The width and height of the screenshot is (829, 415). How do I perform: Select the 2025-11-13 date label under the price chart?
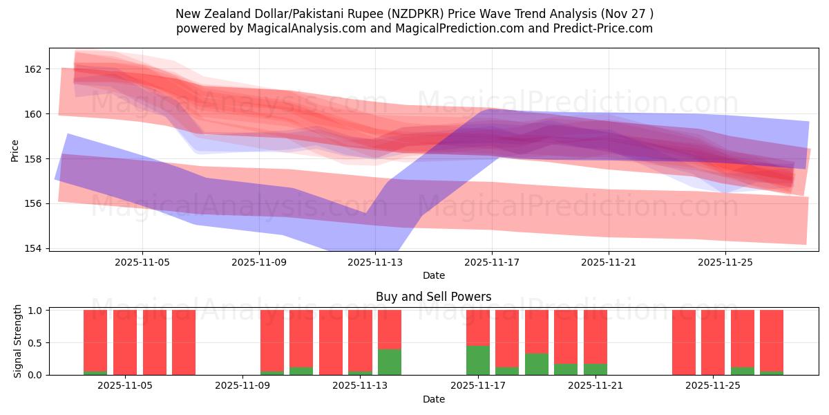point(375,262)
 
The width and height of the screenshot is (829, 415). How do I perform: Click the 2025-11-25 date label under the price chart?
point(725,262)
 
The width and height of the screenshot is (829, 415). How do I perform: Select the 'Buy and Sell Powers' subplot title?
point(433,297)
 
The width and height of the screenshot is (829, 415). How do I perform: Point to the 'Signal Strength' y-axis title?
point(18,342)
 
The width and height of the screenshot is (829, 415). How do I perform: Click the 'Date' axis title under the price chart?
point(433,275)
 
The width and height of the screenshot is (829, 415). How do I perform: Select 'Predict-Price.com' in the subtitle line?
point(604,28)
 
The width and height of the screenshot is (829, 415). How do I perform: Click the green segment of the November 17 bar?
point(477,360)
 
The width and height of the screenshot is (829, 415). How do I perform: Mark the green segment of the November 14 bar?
point(390,362)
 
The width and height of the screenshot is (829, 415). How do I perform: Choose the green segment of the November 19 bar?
point(537,364)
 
